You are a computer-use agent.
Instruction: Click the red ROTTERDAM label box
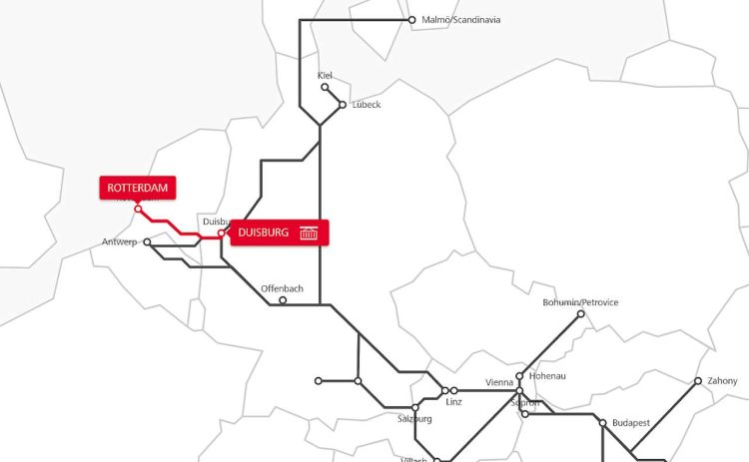pos(136,188)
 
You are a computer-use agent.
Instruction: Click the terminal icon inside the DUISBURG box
pos(309,232)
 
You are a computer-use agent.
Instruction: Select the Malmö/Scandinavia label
pos(461,19)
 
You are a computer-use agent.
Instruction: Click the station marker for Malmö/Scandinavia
pos(411,19)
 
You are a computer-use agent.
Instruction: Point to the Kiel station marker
pos(325,87)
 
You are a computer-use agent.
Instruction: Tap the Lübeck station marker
pos(343,104)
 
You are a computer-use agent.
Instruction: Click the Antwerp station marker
pos(147,241)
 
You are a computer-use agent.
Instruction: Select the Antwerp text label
pos(118,242)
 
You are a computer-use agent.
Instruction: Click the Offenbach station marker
pos(283,300)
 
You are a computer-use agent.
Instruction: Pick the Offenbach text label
pos(282,288)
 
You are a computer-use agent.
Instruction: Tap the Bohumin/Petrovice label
pos(580,302)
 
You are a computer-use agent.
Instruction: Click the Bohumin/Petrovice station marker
pos(581,313)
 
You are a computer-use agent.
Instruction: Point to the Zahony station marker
pos(699,380)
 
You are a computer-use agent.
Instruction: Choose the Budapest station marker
pos(602,423)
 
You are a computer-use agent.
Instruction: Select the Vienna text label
pos(499,382)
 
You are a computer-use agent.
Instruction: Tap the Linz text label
pos(454,402)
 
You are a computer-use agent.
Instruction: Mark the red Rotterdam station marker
pos(137,208)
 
